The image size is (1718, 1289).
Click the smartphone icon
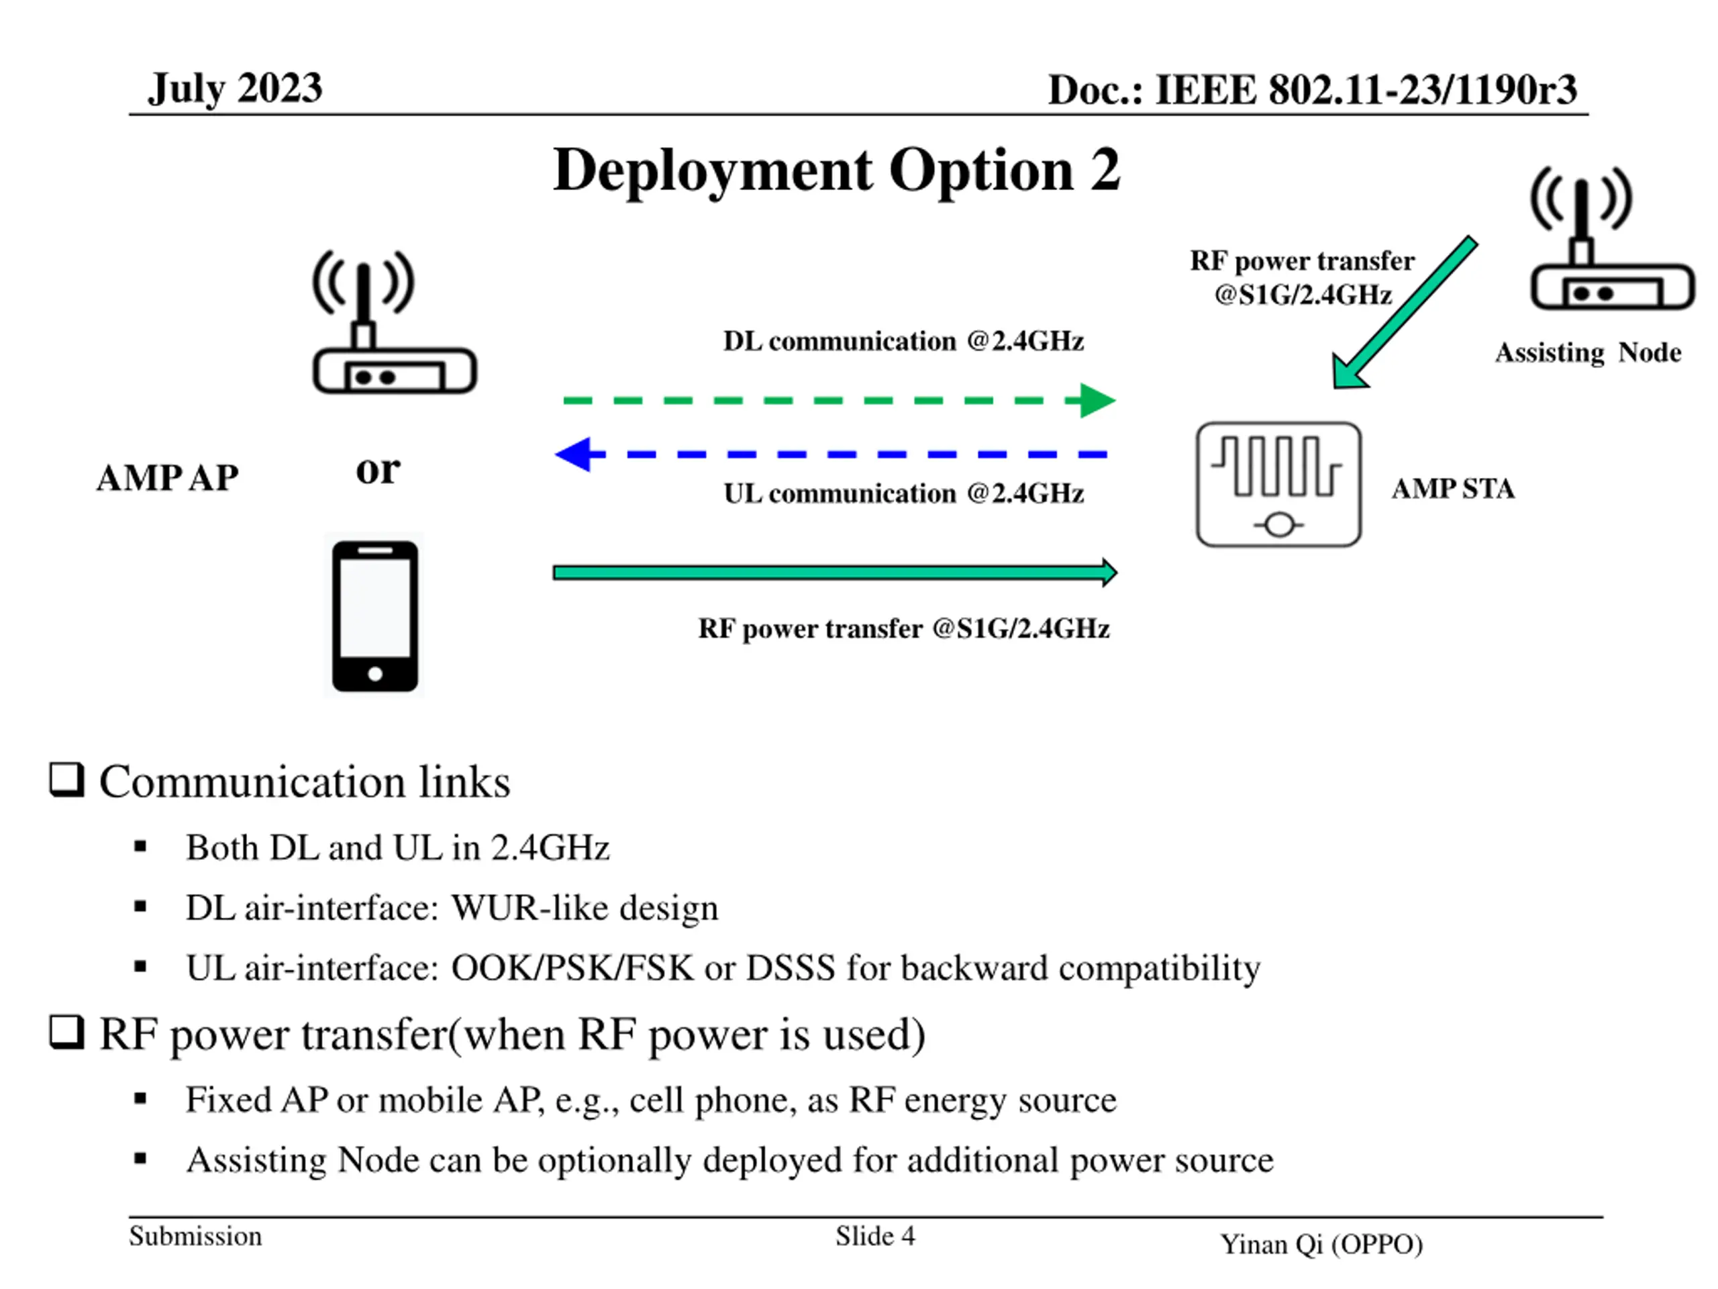pos(375,616)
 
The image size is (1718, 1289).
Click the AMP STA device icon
pos(1278,485)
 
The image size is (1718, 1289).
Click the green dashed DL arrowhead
pos(1097,401)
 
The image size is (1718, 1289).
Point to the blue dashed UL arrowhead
pos(574,455)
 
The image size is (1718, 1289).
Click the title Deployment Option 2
pos(836,170)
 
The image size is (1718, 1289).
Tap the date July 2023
pos(235,89)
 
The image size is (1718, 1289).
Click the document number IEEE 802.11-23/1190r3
pos(1312,90)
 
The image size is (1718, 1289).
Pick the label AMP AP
pos(167,478)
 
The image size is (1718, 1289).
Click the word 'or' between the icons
pos(378,469)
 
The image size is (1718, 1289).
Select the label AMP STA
pos(1452,489)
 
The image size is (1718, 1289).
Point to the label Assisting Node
pos(1588,352)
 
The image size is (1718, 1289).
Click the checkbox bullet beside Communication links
pos(67,779)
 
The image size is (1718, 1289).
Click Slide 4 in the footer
pos(874,1236)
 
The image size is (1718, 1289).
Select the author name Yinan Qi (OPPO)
pos(1321,1244)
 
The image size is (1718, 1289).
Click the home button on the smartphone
pos(375,673)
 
